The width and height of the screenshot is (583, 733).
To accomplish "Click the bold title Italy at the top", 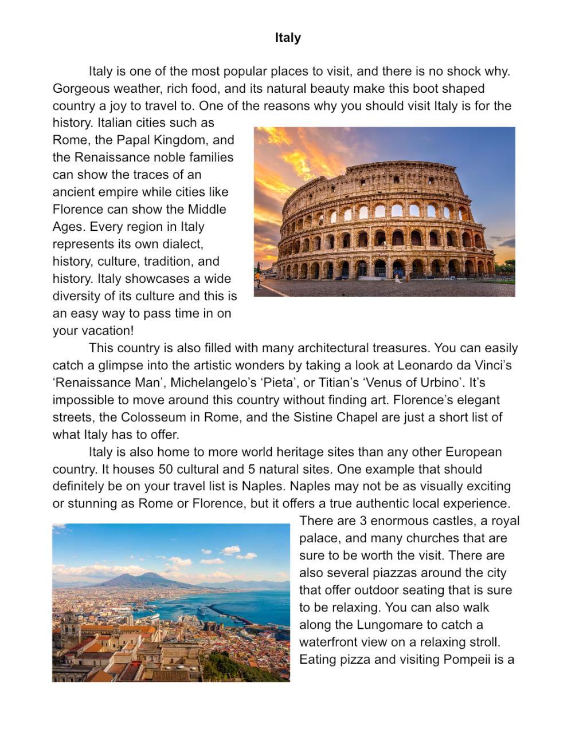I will pos(287,38).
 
